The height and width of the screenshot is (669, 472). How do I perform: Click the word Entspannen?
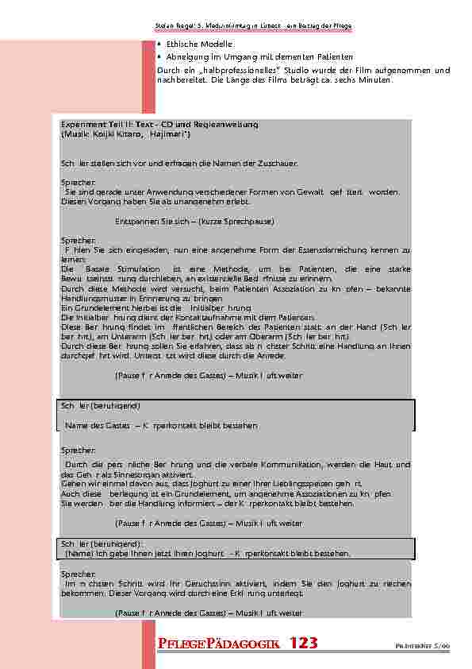coord(136,220)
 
